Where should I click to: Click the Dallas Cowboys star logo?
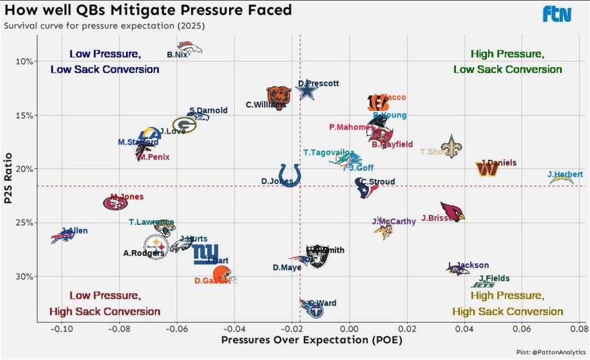pos(307,91)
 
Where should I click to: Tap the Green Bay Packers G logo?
pos(184,125)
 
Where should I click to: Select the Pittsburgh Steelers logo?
pos(156,247)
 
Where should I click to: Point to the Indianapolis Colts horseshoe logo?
pos(290,174)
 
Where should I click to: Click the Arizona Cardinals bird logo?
pos(452,211)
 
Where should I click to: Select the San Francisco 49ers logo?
pos(115,203)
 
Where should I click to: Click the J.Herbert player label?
pos(565,174)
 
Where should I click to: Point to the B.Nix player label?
pos(177,54)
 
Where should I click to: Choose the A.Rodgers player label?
pos(144,253)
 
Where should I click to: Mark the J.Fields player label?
pos(494,278)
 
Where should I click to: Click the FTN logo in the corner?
pos(557,14)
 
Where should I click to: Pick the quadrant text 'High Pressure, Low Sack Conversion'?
pos(507,62)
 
